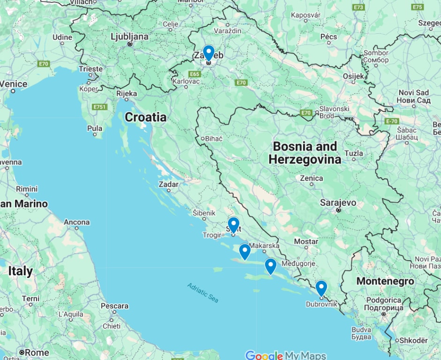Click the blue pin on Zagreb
tap(209, 52)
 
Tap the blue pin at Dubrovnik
tap(321, 287)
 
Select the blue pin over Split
tap(233, 225)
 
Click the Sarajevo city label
tap(338, 203)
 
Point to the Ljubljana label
tap(129, 37)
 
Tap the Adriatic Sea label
tap(203, 292)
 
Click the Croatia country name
tap(145, 117)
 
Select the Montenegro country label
tap(385, 281)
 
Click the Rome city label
tap(37, 352)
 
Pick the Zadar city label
tap(168, 184)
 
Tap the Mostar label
tap(306, 241)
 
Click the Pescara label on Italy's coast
tap(114, 306)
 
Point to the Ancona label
tap(77, 222)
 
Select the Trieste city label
tap(91, 69)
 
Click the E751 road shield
tap(99, 107)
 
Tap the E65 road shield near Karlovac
tap(195, 74)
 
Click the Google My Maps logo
tap(285, 355)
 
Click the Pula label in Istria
tap(94, 128)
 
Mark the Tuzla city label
tap(353, 153)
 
